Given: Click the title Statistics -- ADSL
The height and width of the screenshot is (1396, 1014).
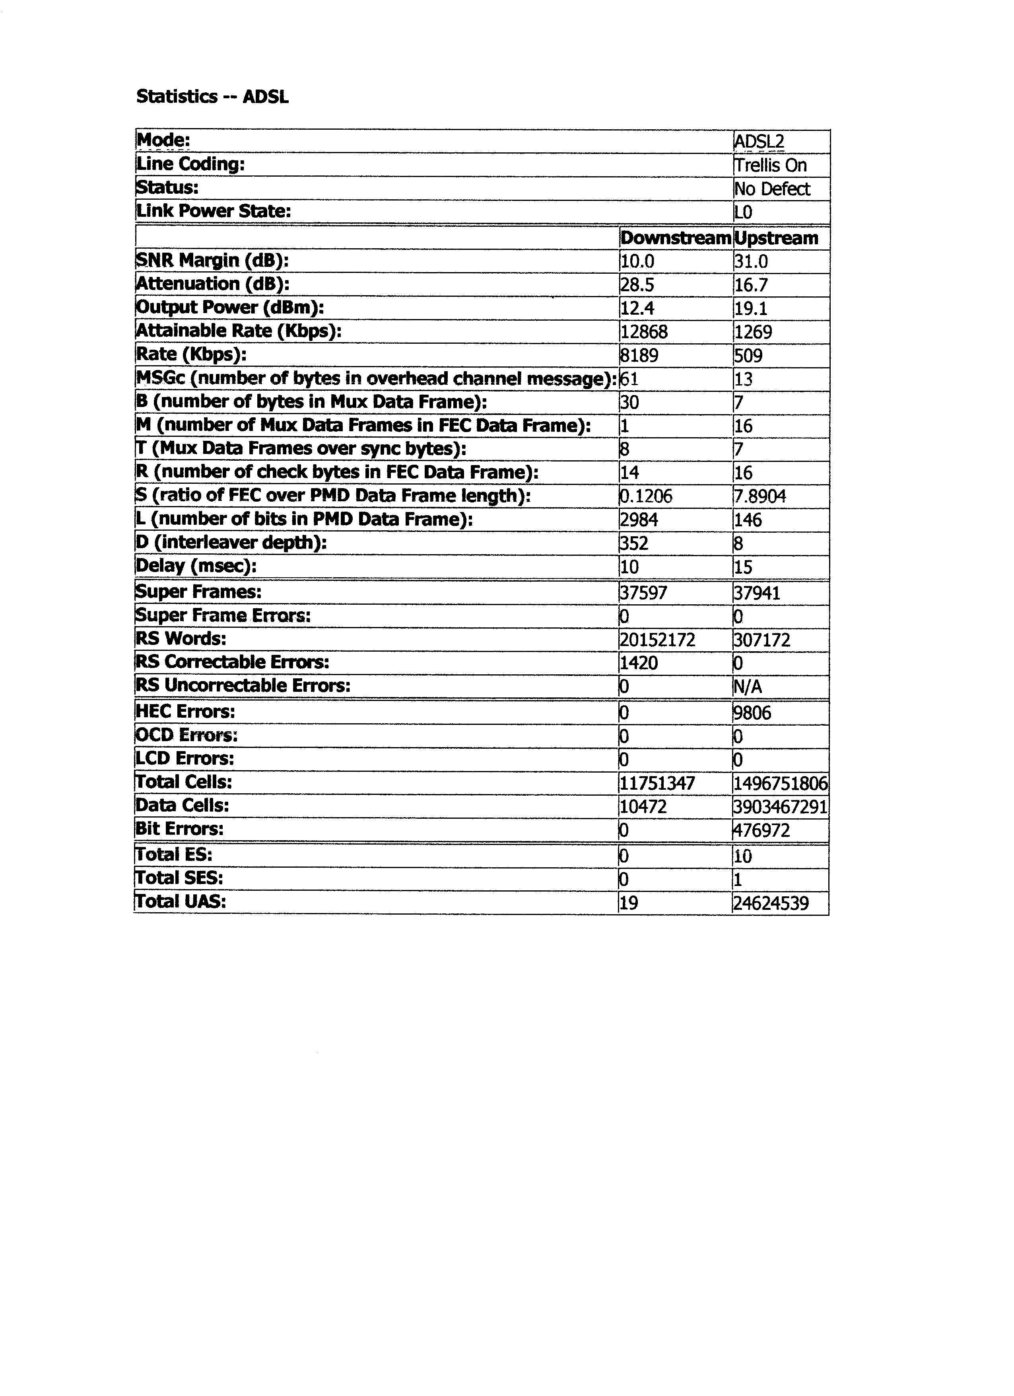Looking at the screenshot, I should [212, 97].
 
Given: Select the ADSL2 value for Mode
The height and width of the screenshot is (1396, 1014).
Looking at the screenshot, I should [759, 142].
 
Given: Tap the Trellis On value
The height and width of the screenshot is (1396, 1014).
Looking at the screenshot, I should [770, 165].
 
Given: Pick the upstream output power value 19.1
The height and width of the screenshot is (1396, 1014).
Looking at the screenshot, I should [751, 308].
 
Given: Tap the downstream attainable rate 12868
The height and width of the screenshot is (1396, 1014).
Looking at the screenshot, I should [644, 332].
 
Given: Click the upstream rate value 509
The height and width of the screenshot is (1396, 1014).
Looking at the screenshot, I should [748, 355].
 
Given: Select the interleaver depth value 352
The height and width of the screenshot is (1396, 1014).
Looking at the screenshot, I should [634, 543].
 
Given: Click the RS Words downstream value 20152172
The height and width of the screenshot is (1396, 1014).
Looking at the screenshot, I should [657, 640].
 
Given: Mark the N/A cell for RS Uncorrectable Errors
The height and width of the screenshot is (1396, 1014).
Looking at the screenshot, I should [748, 686].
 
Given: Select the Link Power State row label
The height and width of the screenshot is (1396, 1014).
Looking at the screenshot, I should [214, 211].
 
